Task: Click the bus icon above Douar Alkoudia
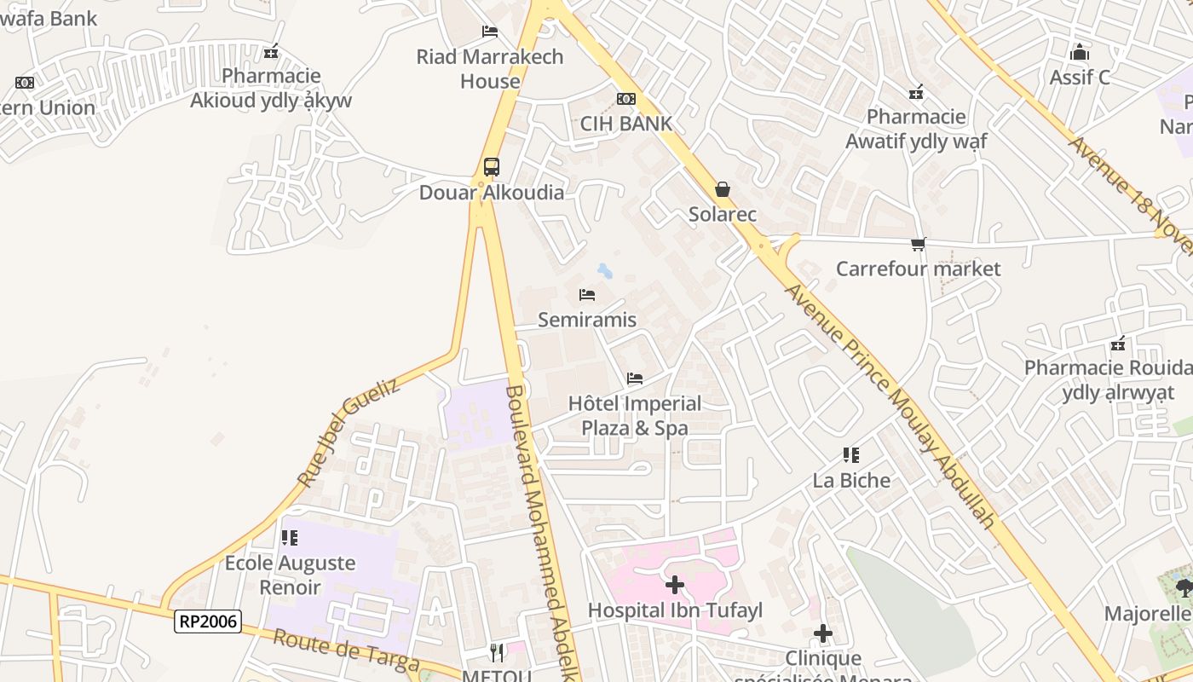click(x=492, y=167)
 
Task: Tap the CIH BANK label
click(x=626, y=124)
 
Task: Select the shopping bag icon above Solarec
click(x=723, y=188)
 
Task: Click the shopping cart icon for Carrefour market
click(x=918, y=245)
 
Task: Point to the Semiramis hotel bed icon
click(x=586, y=295)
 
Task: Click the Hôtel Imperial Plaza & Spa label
click(x=635, y=415)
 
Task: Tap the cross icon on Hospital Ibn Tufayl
click(x=675, y=585)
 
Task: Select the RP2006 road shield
click(x=208, y=621)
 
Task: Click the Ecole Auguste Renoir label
click(x=290, y=575)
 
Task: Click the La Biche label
click(x=851, y=480)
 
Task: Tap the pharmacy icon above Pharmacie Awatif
click(x=916, y=92)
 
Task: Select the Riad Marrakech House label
click(x=490, y=69)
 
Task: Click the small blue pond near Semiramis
click(x=604, y=271)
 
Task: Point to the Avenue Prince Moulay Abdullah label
click(x=890, y=405)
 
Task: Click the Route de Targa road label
click(x=346, y=650)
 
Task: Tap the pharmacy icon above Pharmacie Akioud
click(x=271, y=52)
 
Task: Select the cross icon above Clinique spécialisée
click(x=822, y=633)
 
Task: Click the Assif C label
click(x=1080, y=78)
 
